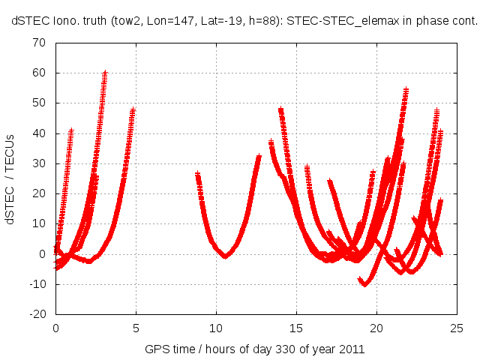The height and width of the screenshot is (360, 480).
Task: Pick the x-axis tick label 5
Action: (x=136, y=328)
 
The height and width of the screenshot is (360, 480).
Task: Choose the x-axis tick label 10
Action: (x=216, y=328)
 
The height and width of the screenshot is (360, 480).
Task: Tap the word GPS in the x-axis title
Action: (x=155, y=349)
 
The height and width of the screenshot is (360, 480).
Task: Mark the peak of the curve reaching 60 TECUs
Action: (x=105, y=73)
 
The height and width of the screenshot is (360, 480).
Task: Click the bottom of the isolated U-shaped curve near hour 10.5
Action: (x=225, y=256)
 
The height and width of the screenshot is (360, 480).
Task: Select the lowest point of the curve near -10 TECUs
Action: (x=365, y=284)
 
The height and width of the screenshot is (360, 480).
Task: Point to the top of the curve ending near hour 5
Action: (x=133, y=110)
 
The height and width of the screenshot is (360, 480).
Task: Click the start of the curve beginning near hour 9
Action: (x=197, y=174)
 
